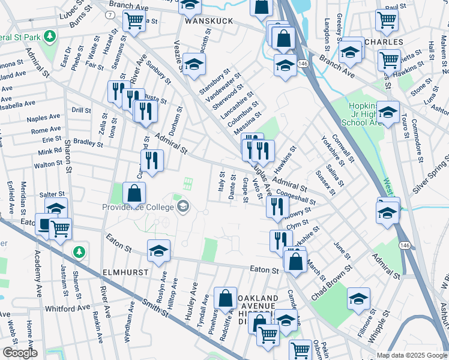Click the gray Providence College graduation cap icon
(x=183, y=208)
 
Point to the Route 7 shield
(x=109, y=14)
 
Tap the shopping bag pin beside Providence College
(x=134, y=193)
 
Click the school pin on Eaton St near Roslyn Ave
(x=158, y=250)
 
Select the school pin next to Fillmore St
(x=358, y=298)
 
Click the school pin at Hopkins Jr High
(x=388, y=112)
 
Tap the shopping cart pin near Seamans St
(x=134, y=21)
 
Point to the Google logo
(x=20, y=353)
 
